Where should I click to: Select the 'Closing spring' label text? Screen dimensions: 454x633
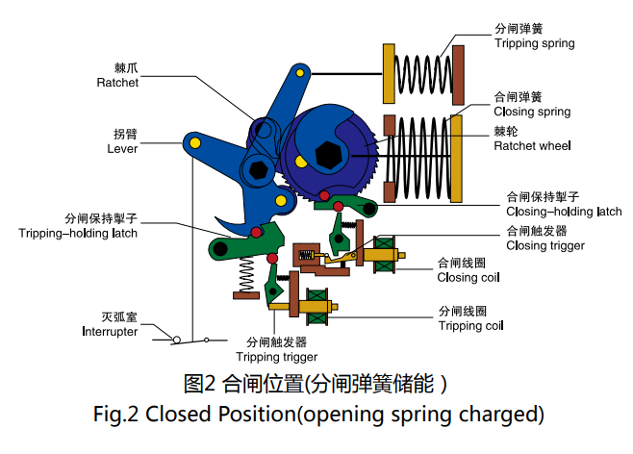pyautogui.click(x=532, y=112)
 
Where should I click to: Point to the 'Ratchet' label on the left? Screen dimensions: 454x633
pyautogui.click(x=117, y=83)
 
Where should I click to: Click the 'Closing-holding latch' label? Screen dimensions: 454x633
pyautogui.click(x=564, y=212)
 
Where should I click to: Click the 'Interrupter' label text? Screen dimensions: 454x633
pyautogui.click(x=110, y=331)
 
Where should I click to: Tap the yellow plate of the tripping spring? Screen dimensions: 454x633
pyautogui.click(x=392, y=73)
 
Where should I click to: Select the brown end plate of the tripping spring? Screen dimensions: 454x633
pyautogui.click(x=459, y=73)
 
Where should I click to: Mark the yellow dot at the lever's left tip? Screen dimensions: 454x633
pyautogui.click(x=194, y=143)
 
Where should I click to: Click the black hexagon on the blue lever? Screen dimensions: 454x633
pyautogui.click(x=258, y=168)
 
